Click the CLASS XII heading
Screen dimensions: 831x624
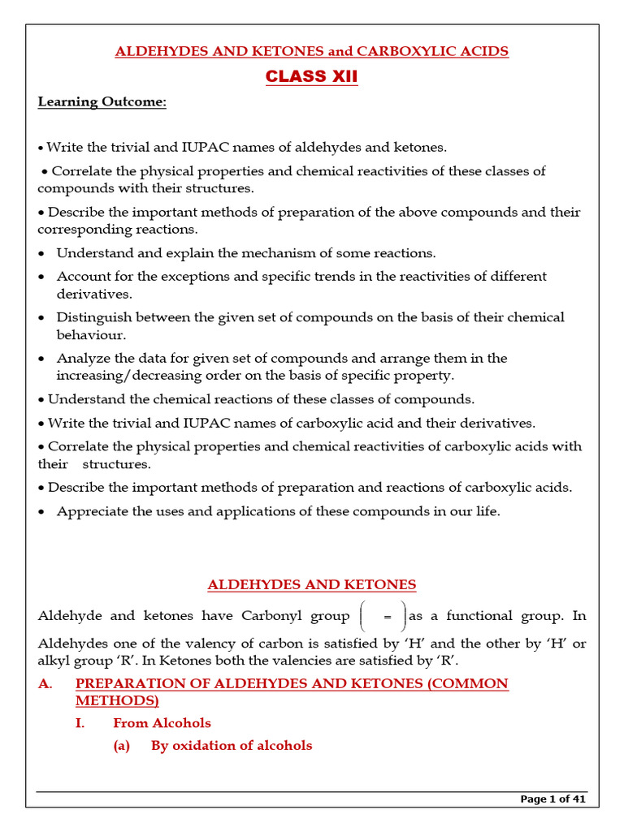pyautogui.click(x=312, y=77)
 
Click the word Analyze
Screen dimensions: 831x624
pyautogui.click(x=81, y=358)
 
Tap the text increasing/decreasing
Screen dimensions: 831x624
pyautogui.click(x=135, y=375)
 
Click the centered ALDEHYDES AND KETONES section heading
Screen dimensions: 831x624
pyautogui.click(x=312, y=584)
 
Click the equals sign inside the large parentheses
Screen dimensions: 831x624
pyautogui.click(x=388, y=618)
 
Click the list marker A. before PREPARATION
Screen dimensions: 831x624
pyautogui.click(x=45, y=683)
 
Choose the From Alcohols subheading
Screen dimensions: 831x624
pyautogui.click(x=162, y=722)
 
